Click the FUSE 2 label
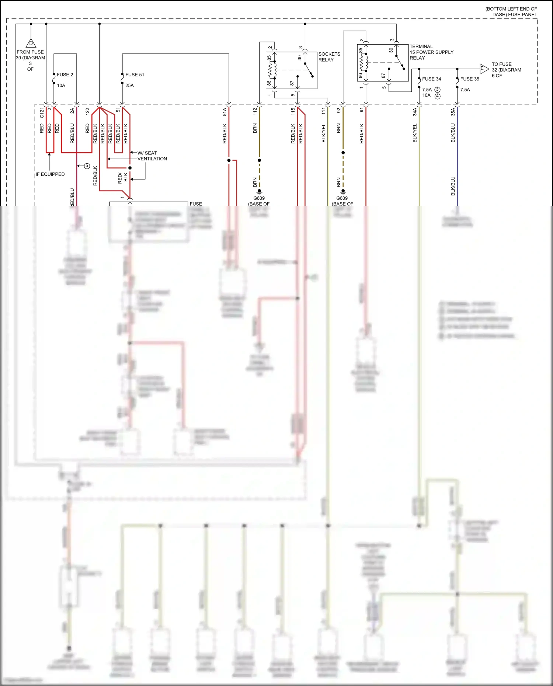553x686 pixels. coord(65,74)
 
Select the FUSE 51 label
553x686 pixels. coord(135,74)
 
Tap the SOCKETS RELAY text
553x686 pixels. coord(329,57)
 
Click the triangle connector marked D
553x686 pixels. coord(31,43)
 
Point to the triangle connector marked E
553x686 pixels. coord(483,68)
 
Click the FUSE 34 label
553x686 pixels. coord(431,79)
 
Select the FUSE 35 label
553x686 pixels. coord(470,79)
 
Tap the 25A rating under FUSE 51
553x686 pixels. coord(129,85)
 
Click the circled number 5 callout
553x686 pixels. coord(87,166)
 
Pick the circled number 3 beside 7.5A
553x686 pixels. coord(437,90)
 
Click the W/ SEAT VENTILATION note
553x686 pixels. coord(152,156)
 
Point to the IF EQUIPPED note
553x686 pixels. coord(50,174)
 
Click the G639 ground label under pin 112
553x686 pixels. coord(259,198)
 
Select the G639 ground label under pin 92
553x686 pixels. coord(342,198)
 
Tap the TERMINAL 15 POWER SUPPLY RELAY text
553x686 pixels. coord(431,52)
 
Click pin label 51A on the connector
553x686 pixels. coord(225,112)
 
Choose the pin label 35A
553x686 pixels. coord(453,112)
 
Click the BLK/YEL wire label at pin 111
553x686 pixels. coord(324,133)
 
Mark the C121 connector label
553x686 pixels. coord(42,113)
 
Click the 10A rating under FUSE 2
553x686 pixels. coord(61,85)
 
